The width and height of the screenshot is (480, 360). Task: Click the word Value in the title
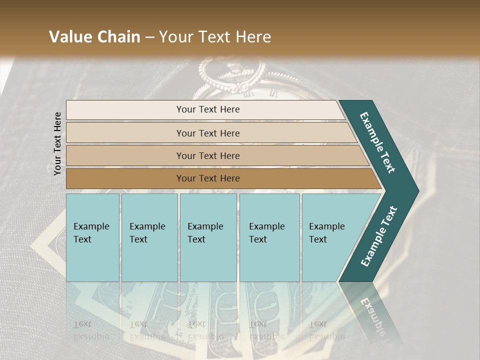[x=70, y=37]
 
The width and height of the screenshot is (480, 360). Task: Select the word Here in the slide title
[x=252, y=37]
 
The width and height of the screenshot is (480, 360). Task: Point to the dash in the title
[x=149, y=37]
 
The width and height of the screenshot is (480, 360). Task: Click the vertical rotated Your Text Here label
[x=57, y=143]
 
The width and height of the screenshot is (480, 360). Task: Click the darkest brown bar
[x=125, y=178]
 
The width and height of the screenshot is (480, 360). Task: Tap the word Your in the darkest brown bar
[x=186, y=178]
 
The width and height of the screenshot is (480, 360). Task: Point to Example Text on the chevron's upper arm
[x=377, y=142]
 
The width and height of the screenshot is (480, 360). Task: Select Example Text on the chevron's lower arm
[x=378, y=236]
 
